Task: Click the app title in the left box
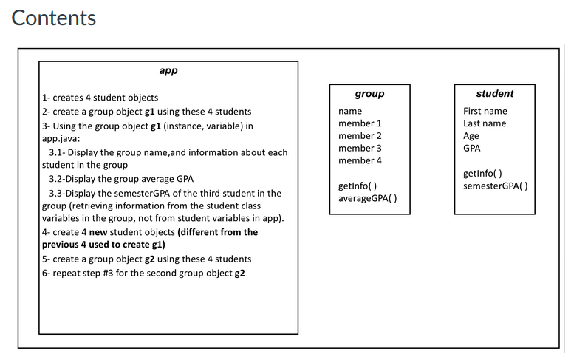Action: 168,72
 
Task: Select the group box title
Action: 369,94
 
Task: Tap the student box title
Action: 494,94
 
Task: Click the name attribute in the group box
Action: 349,111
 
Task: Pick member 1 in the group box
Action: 360,123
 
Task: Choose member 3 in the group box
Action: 360,149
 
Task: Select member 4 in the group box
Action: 360,160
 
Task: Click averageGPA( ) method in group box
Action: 367,199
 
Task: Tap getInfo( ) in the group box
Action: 358,186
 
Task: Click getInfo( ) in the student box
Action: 482,173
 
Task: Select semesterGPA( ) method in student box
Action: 495,186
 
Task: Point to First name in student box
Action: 485,111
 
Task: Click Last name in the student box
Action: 485,123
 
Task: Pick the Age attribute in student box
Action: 471,136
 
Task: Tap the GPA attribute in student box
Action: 471,148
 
